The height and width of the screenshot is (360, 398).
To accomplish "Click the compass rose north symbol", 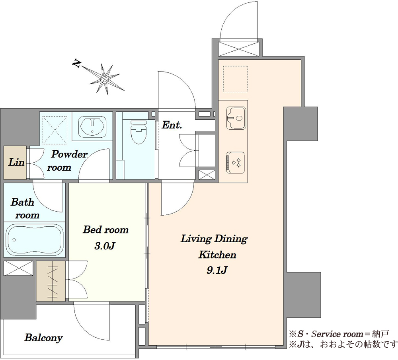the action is pos(104,79).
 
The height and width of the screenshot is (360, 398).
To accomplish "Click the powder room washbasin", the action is pos(92,126).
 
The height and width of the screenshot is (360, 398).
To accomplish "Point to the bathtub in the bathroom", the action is pos(35,239).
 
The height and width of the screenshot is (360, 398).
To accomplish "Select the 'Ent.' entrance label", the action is pos(172,125).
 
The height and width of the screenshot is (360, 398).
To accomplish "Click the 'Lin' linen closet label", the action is pos(16,162).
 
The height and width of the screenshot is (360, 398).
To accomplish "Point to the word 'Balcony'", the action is pos(43,338).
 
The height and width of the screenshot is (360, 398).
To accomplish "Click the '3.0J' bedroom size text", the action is pos(105,245).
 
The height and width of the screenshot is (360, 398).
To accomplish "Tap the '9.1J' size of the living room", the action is pos(217,270).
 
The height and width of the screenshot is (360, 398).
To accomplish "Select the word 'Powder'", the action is pos(69,154).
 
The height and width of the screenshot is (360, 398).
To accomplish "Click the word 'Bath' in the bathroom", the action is pos(22,202).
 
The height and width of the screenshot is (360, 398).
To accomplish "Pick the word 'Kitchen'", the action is pos(217,255).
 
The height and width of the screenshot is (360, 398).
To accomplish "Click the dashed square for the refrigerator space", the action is pos(235,79).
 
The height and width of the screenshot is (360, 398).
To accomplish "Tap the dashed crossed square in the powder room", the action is pos(55,130).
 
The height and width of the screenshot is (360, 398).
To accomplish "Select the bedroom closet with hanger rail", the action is pos(51,281).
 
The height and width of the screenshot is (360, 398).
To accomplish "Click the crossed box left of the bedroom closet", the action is pos(18,268).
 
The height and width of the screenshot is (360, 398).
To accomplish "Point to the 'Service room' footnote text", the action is pos(338,334).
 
